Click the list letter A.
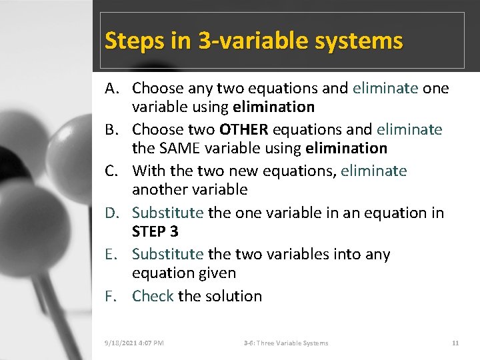[x=111, y=89]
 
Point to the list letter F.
[x=111, y=296]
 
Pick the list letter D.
[x=111, y=213]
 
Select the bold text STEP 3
[x=155, y=231]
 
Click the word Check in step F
[x=153, y=296]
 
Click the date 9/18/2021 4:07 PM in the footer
[x=134, y=343]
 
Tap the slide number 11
[x=455, y=343]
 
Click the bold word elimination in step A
[x=273, y=107]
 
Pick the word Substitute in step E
[x=167, y=255]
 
